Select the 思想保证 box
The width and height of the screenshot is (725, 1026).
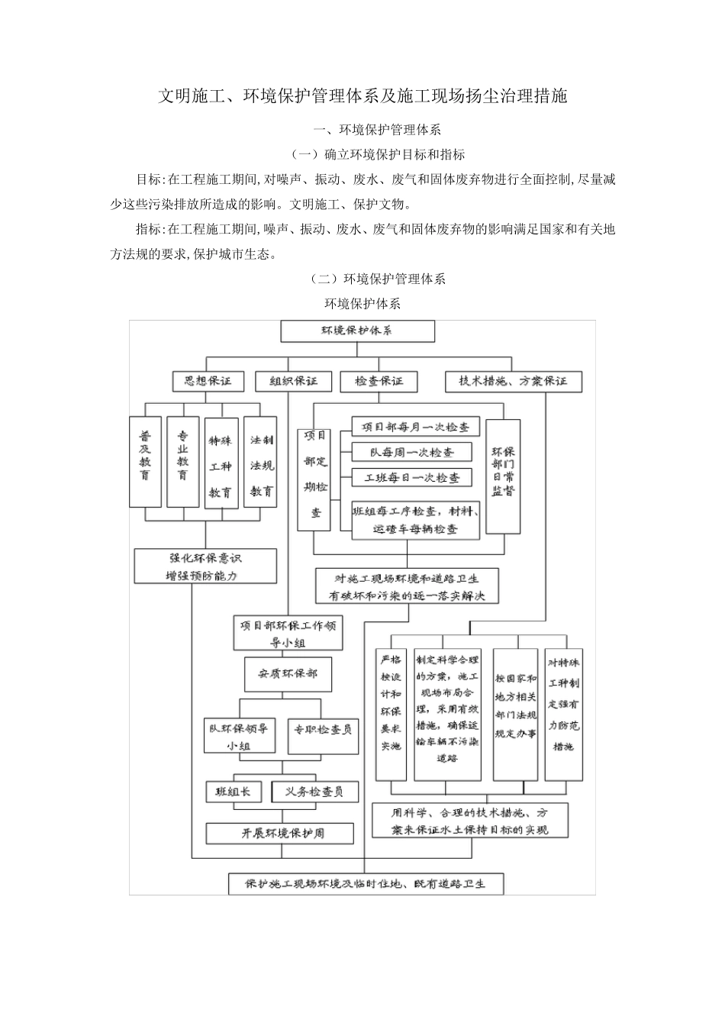click(202, 381)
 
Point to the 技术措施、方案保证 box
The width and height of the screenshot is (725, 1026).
click(513, 381)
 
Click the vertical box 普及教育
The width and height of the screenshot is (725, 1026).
click(145, 461)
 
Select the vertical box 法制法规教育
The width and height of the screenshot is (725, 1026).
click(262, 461)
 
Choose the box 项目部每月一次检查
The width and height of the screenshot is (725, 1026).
click(415, 427)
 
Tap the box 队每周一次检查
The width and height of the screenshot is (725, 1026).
click(411, 452)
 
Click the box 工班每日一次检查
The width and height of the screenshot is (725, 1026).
click(411, 478)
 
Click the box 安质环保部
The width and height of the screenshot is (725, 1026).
click(288, 674)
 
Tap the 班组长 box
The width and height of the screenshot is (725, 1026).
click(234, 792)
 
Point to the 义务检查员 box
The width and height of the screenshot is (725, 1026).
click(314, 792)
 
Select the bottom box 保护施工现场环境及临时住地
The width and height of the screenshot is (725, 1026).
click(365, 884)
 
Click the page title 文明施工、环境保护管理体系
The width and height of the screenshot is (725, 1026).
click(362, 96)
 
